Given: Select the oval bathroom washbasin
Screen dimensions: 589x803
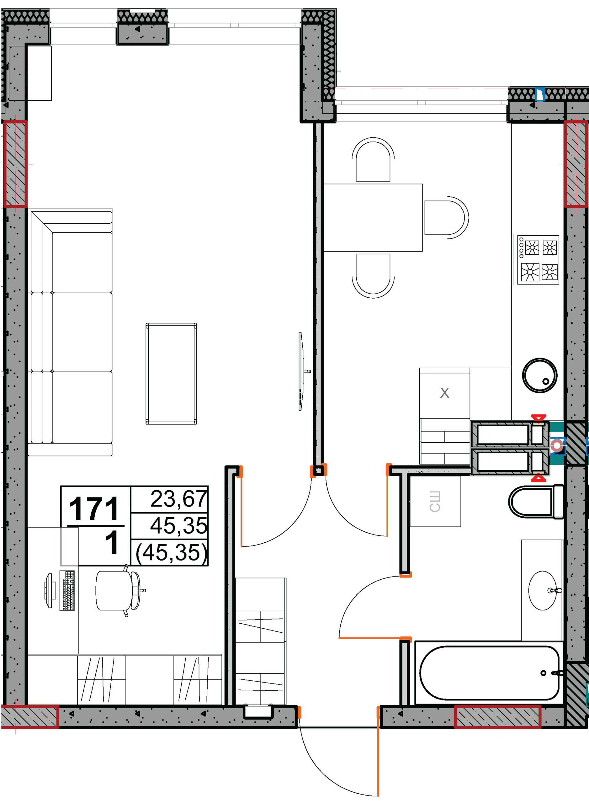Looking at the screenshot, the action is click(x=542, y=590).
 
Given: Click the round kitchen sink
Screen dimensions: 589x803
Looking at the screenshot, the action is click(x=539, y=375).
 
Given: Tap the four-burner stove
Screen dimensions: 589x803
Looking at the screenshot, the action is click(x=538, y=260).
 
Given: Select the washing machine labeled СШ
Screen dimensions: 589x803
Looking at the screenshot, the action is click(x=435, y=501).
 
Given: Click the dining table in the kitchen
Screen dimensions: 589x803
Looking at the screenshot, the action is click(x=373, y=217).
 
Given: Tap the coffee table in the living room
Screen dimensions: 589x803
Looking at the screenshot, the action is click(x=171, y=373).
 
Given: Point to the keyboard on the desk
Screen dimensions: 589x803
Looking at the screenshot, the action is click(x=67, y=590).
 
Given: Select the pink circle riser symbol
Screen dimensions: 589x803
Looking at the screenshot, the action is click(x=557, y=445).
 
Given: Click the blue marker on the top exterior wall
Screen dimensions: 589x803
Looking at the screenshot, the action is click(x=540, y=94).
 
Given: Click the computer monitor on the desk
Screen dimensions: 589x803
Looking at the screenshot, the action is click(x=50, y=590).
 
